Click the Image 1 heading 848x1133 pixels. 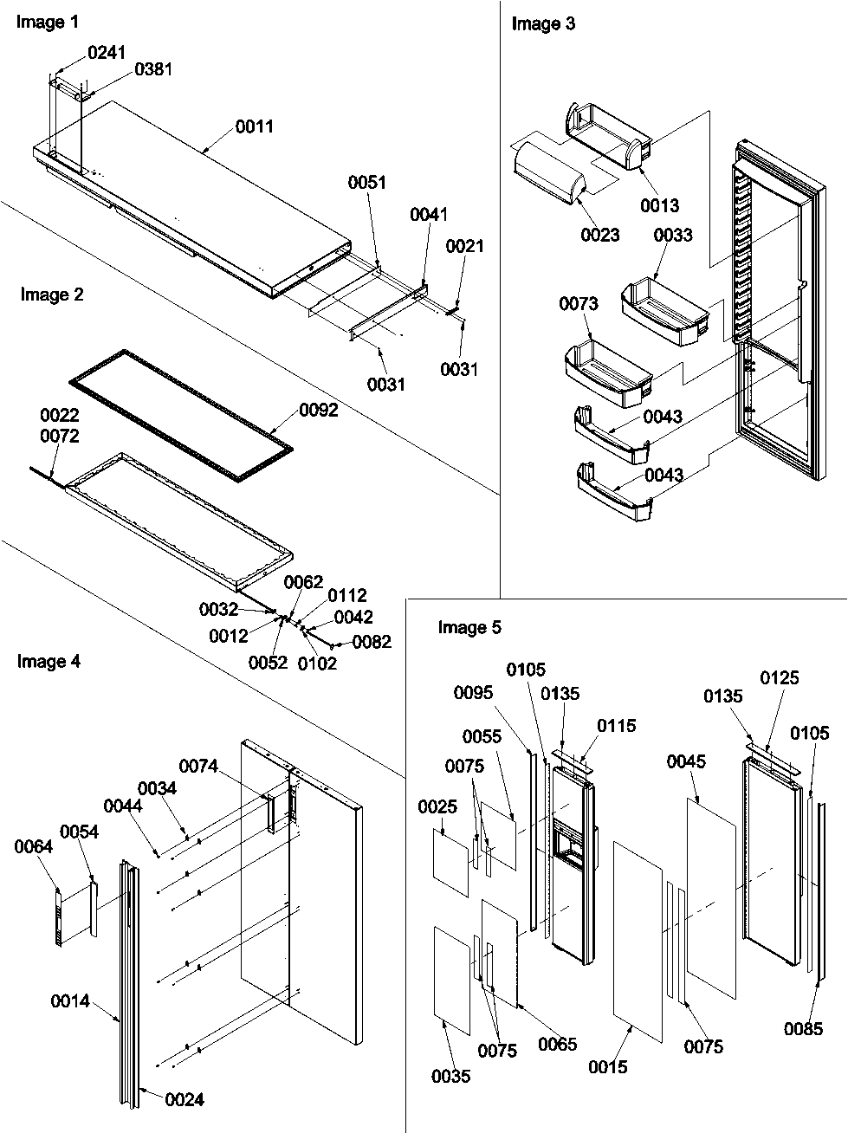click(x=42, y=23)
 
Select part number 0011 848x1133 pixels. click(x=255, y=127)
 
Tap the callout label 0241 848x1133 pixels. click(x=107, y=54)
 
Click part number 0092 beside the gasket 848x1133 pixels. click(x=318, y=411)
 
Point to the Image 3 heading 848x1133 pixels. click(x=543, y=24)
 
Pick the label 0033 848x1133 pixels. click(x=673, y=236)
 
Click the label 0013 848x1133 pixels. click(x=660, y=205)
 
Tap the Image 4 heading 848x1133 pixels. click(x=49, y=663)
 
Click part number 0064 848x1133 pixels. click(x=33, y=847)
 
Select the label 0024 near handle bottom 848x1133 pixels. click(x=184, y=1100)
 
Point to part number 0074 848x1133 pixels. click(x=198, y=766)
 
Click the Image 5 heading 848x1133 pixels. click(x=469, y=628)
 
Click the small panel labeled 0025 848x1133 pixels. click(x=450, y=863)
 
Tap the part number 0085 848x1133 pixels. click(x=803, y=1029)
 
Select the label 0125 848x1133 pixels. click(x=780, y=678)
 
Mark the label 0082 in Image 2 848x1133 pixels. click(x=372, y=642)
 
